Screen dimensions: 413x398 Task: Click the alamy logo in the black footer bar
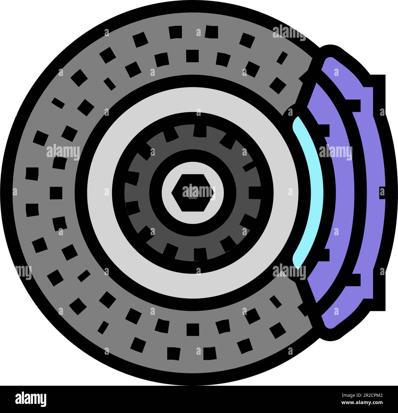tap(31, 399)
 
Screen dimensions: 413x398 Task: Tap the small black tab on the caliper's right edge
tap(382, 192)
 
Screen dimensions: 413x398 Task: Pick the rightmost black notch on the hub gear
tap(254, 193)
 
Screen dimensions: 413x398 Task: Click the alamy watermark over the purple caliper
tap(336, 152)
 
